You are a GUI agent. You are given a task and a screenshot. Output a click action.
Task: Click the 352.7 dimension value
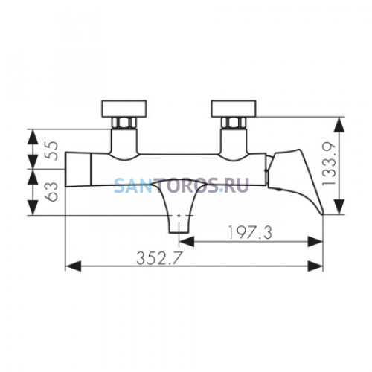pos(159,258)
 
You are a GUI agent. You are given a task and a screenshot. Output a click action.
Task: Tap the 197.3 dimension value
pos(250,233)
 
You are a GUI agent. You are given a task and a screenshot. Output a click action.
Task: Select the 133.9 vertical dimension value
pos(329,164)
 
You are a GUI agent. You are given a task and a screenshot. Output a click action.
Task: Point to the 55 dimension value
pos(51,150)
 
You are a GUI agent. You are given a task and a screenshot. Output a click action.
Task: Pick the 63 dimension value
pos(51,191)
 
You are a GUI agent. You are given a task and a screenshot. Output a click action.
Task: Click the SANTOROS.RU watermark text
pos(182,185)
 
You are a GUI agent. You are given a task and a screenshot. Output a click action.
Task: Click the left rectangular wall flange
pos(124,109)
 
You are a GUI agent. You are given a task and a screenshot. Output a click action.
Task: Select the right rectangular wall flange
pos(234,109)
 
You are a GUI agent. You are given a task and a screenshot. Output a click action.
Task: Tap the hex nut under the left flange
pos(124,123)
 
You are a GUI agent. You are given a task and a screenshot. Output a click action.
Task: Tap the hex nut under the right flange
pos(234,123)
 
